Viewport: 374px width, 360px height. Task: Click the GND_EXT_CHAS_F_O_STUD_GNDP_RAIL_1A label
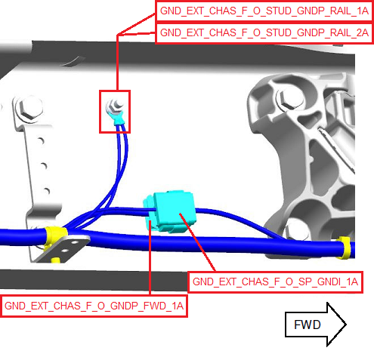point(264,11)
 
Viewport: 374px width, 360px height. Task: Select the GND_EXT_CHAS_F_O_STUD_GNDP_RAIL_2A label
point(264,33)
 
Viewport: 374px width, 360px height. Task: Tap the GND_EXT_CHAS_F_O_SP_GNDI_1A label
point(275,282)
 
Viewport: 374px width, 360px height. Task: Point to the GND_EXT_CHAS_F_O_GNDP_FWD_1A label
point(94,306)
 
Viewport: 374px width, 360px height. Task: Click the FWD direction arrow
point(316,325)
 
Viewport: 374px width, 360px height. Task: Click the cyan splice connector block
point(170,211)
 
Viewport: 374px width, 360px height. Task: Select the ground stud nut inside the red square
point(115,106)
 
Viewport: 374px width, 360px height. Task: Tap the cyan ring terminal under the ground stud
point(116,118)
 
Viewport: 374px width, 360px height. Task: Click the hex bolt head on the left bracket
point(29,109)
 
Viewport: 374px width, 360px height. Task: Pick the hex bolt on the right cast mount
point(289,99)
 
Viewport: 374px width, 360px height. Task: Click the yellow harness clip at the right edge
point(345,248)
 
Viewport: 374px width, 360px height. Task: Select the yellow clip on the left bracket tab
point(54,236)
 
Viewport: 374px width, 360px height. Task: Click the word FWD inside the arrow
point(308,325)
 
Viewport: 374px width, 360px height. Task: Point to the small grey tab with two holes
point(63,248)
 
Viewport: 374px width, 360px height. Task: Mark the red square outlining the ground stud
point(100,112)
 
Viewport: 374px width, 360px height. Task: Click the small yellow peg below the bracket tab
point(56,260)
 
